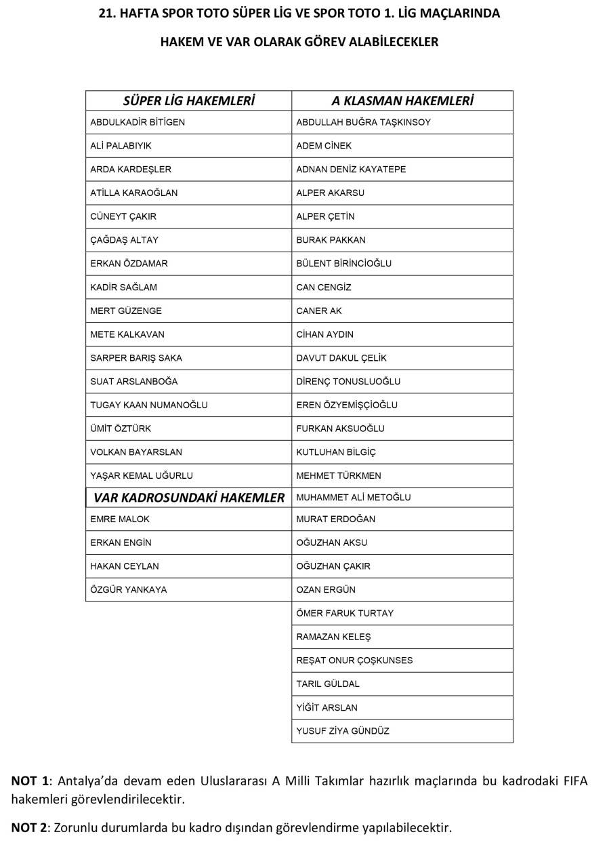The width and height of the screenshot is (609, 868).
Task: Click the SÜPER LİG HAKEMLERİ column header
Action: [x=188, y=101]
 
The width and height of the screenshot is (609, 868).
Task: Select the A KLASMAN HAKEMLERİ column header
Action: [x=402, y=101]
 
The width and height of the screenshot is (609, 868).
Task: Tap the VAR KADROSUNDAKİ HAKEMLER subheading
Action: [x=188, y=498]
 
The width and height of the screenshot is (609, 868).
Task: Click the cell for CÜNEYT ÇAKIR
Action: [x=123, y=216]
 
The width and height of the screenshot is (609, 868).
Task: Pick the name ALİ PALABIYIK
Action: [x=121, y=146]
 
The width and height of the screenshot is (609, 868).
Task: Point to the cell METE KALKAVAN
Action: [x=127, y=334]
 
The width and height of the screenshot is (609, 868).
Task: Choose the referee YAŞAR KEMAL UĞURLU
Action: [x=141, y=475]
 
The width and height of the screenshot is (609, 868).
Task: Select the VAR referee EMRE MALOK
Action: [x=120, y=519]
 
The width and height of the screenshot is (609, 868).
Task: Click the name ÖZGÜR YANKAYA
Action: [x=128, y=589]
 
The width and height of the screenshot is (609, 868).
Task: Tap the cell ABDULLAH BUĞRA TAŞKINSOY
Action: [x=363, y=122]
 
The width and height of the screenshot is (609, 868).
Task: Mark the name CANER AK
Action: [x=319, y=311]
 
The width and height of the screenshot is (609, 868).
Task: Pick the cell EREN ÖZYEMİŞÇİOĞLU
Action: [x=347, y=405]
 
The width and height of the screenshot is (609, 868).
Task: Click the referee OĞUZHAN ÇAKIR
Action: [x=333, y=566]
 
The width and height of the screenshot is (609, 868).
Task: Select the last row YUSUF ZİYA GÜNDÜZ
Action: [x=343, y=731]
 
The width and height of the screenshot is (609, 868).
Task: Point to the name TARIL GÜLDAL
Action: [x=328, y=684]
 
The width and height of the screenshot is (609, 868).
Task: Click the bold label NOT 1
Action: [x=29, y=781]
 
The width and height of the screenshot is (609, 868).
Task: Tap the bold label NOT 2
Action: [x=29, y=827]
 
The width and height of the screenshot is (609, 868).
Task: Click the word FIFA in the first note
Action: [x=574, y=781]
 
